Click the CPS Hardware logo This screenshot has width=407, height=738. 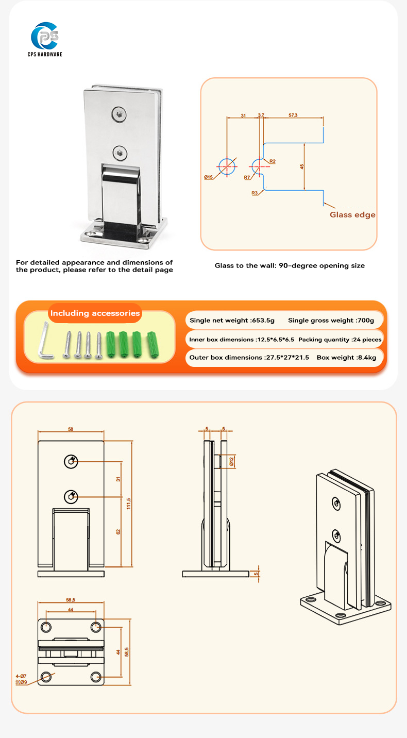(x=46, y=39)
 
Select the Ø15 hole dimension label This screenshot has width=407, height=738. (x=208, y=177)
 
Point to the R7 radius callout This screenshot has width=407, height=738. (x=247, y=177)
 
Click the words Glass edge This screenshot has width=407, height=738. (x=352, y=214)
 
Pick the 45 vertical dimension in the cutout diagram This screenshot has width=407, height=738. (x=301, y=166)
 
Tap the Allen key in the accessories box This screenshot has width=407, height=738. (x=44, y=341)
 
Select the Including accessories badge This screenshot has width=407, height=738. (x=95, y=313)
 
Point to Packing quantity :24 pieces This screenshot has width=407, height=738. (x=340, y=339)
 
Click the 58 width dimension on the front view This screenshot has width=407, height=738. (x=71, y=429)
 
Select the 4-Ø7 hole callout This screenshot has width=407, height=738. (x=21, y=676)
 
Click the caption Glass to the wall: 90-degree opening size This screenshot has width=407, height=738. (x=290, y=266)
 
